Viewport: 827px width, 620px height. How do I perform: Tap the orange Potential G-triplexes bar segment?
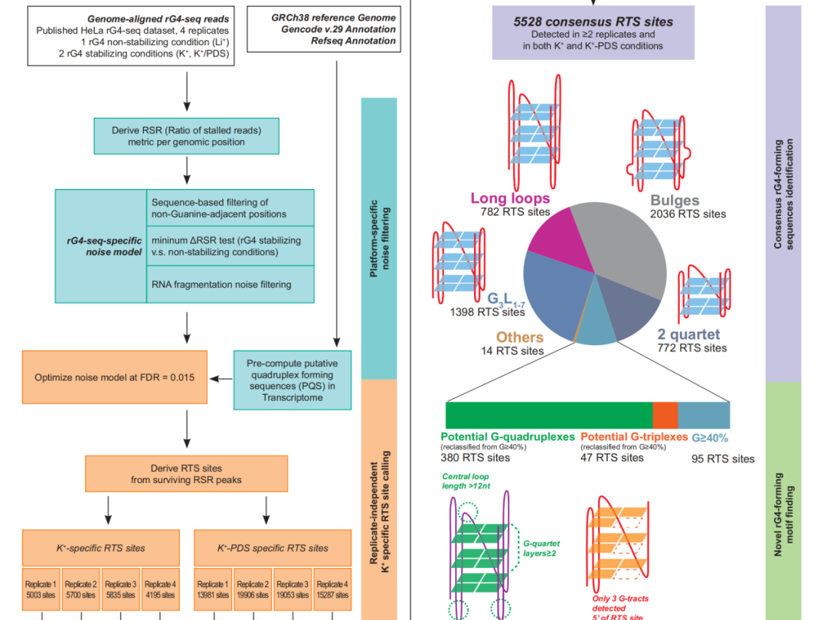pyautogui.click(x=665, y=416)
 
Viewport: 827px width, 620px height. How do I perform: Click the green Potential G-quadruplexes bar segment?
pyautogui.click(x=549, y=416)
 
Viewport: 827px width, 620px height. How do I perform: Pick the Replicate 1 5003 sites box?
pyautogui.click(x=41, y=589)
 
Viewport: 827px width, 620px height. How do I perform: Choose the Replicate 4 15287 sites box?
pyautogui.click(x=332, y=589)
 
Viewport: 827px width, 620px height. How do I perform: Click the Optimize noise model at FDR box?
pyautogui.click(x=114, y=377)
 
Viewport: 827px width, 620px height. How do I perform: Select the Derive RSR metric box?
pyautogui.click(x=186, y=136)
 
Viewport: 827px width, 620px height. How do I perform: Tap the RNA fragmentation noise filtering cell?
pyautogui.click(x=230, y=284)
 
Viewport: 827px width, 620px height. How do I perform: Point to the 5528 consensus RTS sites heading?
pyautogui.click(x=593, y=21)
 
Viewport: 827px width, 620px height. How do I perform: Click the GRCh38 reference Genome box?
pyautogui.click(x=324, y=29)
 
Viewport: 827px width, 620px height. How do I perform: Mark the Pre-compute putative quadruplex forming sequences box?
pyautogui.click(x=293, y=380)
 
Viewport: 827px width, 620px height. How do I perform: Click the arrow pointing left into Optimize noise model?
pyautogui.click(x=221, y=379)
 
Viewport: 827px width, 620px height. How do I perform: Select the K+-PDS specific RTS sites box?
pyautogui.click(x=273, y=548)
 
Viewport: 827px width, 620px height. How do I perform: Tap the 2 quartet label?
pyautogui.click(x=688, y=334)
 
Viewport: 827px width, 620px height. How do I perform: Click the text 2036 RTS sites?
pyautogui.click(x=688, y=214)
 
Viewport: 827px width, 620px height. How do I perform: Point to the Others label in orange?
pyautogui.click(x=519, y=338)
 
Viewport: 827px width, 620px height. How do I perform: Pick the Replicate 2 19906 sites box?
pyautogui.click(x=253, y=589)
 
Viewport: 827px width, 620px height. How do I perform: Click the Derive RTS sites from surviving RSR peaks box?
pyautogui.click(x=187, y=474)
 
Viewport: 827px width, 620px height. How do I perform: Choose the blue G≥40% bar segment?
pyautogui.click(x=704, y=416)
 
